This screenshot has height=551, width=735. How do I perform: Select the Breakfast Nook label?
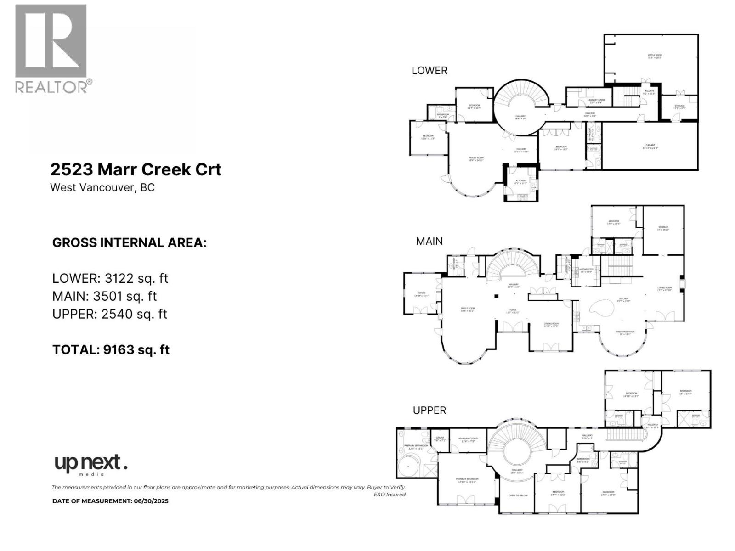pos(625,332)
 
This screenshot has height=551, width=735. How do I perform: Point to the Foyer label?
pos(512,311)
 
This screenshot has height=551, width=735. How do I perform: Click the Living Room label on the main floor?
pos(664,289)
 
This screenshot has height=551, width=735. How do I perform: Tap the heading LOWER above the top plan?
pos(429,70)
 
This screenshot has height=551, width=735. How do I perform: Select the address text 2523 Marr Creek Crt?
pos(136,169)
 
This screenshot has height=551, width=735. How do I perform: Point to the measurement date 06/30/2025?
pos(151,501)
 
